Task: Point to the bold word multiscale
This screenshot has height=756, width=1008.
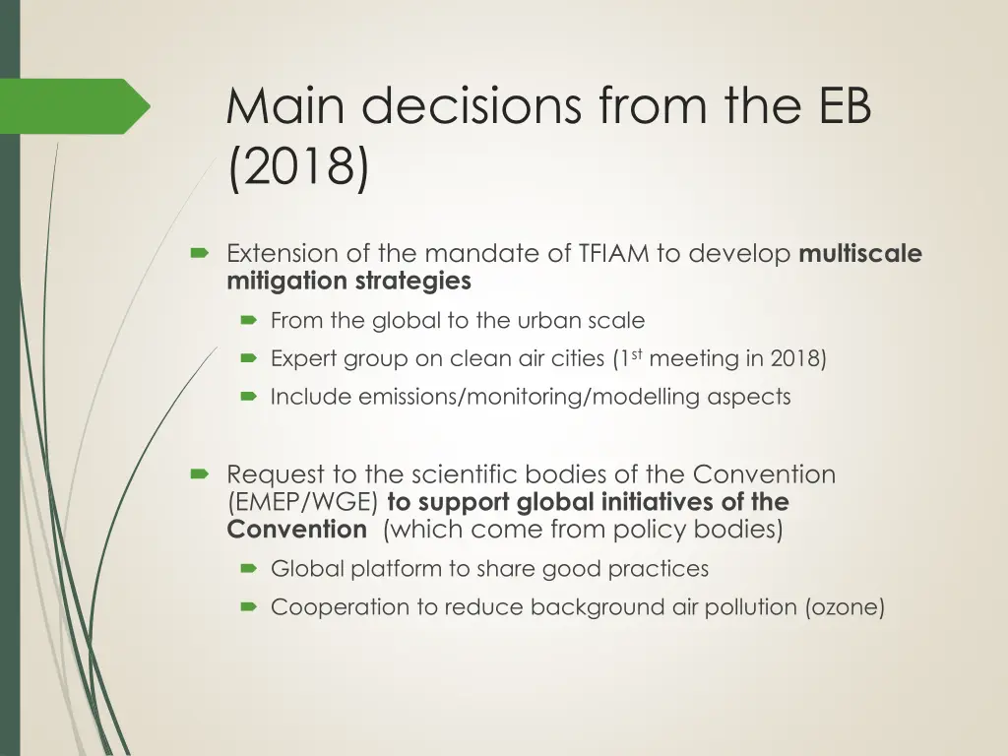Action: [860, 254]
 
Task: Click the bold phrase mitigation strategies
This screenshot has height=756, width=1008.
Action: [348, 282]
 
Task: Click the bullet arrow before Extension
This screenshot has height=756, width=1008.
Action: [199, 254]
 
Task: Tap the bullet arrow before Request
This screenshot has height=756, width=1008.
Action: [199, 474]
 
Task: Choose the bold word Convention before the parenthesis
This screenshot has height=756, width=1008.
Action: [296, 530]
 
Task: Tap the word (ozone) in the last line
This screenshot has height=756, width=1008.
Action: [845, 607]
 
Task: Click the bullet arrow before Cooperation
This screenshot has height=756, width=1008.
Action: [249, 607]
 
